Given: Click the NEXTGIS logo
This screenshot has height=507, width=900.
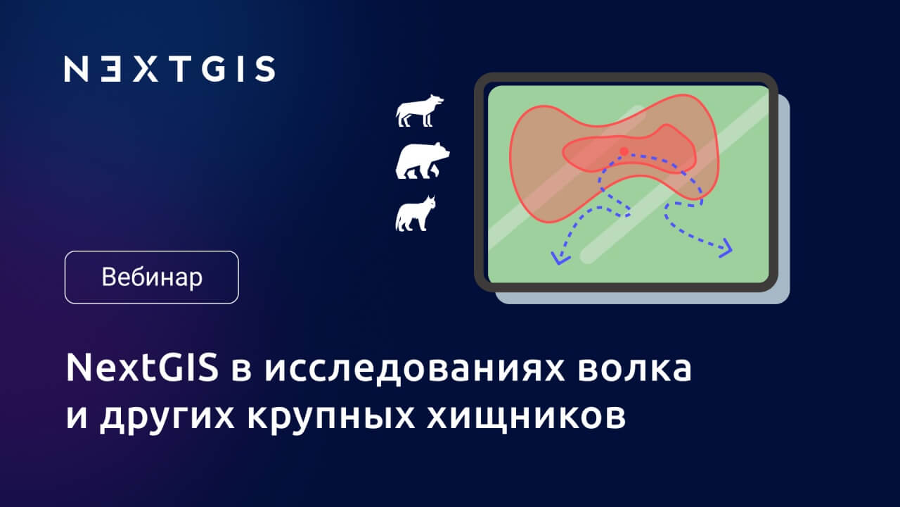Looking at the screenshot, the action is pos(169,69).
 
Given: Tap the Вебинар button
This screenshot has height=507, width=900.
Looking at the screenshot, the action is pos(151,277).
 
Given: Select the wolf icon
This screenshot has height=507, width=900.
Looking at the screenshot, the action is pos(420,111).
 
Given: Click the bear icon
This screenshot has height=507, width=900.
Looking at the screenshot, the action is pos(423,160).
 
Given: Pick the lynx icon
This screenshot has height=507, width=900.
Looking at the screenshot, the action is pos(416,213).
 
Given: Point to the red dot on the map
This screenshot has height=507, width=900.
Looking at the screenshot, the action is pos(624,151).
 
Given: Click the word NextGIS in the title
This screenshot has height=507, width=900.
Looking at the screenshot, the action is pos(142,368).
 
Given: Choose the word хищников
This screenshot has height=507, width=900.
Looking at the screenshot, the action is pos(527,418).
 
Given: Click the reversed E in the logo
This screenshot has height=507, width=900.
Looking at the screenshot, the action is pos(110,69).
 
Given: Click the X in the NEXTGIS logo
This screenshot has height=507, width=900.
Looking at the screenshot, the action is pos(145,69).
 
